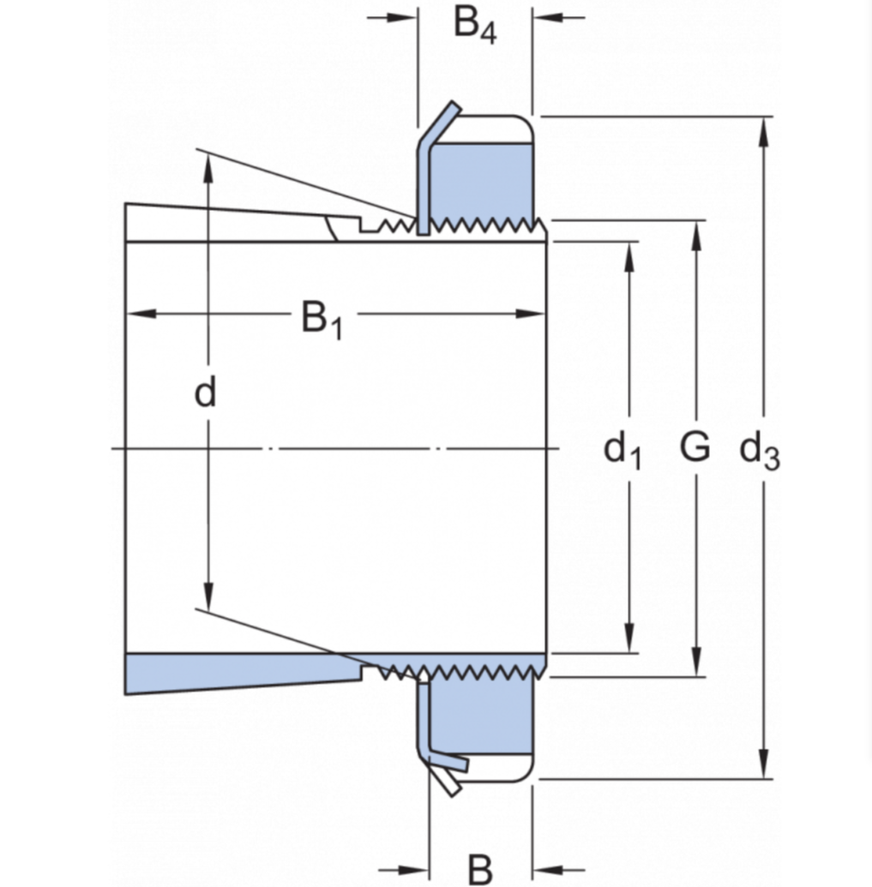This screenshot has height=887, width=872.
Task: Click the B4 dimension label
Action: click(x=475, y=26)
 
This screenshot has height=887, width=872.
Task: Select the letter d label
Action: click(x=205, y=393)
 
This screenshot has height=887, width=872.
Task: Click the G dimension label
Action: click(x=695, y=446)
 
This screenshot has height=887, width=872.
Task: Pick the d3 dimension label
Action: click(x=760, y=449)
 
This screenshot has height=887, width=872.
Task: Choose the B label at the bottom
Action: click(x=481, y=867)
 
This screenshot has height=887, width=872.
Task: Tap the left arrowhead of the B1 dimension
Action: click(x=137, y=314)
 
